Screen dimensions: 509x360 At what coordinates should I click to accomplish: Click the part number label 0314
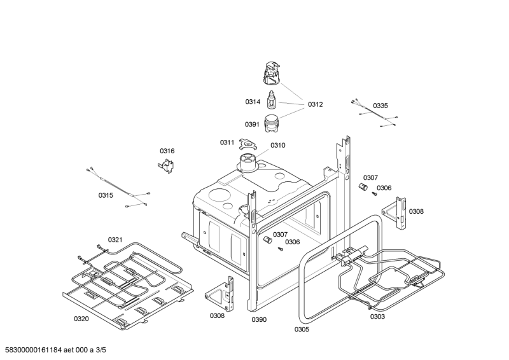[x=253, y=102]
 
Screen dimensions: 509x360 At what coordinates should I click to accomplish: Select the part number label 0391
[x=252, y=124]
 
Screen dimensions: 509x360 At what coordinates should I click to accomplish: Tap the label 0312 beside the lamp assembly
[x=315, y=104]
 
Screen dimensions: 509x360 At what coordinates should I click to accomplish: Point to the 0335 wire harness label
[x=380, y=106]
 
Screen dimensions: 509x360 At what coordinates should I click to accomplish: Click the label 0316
[x=167, y=151]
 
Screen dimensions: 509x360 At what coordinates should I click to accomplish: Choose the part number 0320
[x=81, y=319]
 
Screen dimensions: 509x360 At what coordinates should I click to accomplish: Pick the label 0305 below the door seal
[x=302, y=329]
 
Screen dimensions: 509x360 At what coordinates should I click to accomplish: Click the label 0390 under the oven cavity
[x=259, y=320]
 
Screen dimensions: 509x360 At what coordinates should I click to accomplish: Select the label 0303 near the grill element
[x=377, y=317]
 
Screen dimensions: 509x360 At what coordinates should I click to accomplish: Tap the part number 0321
[x=115, y=240]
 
